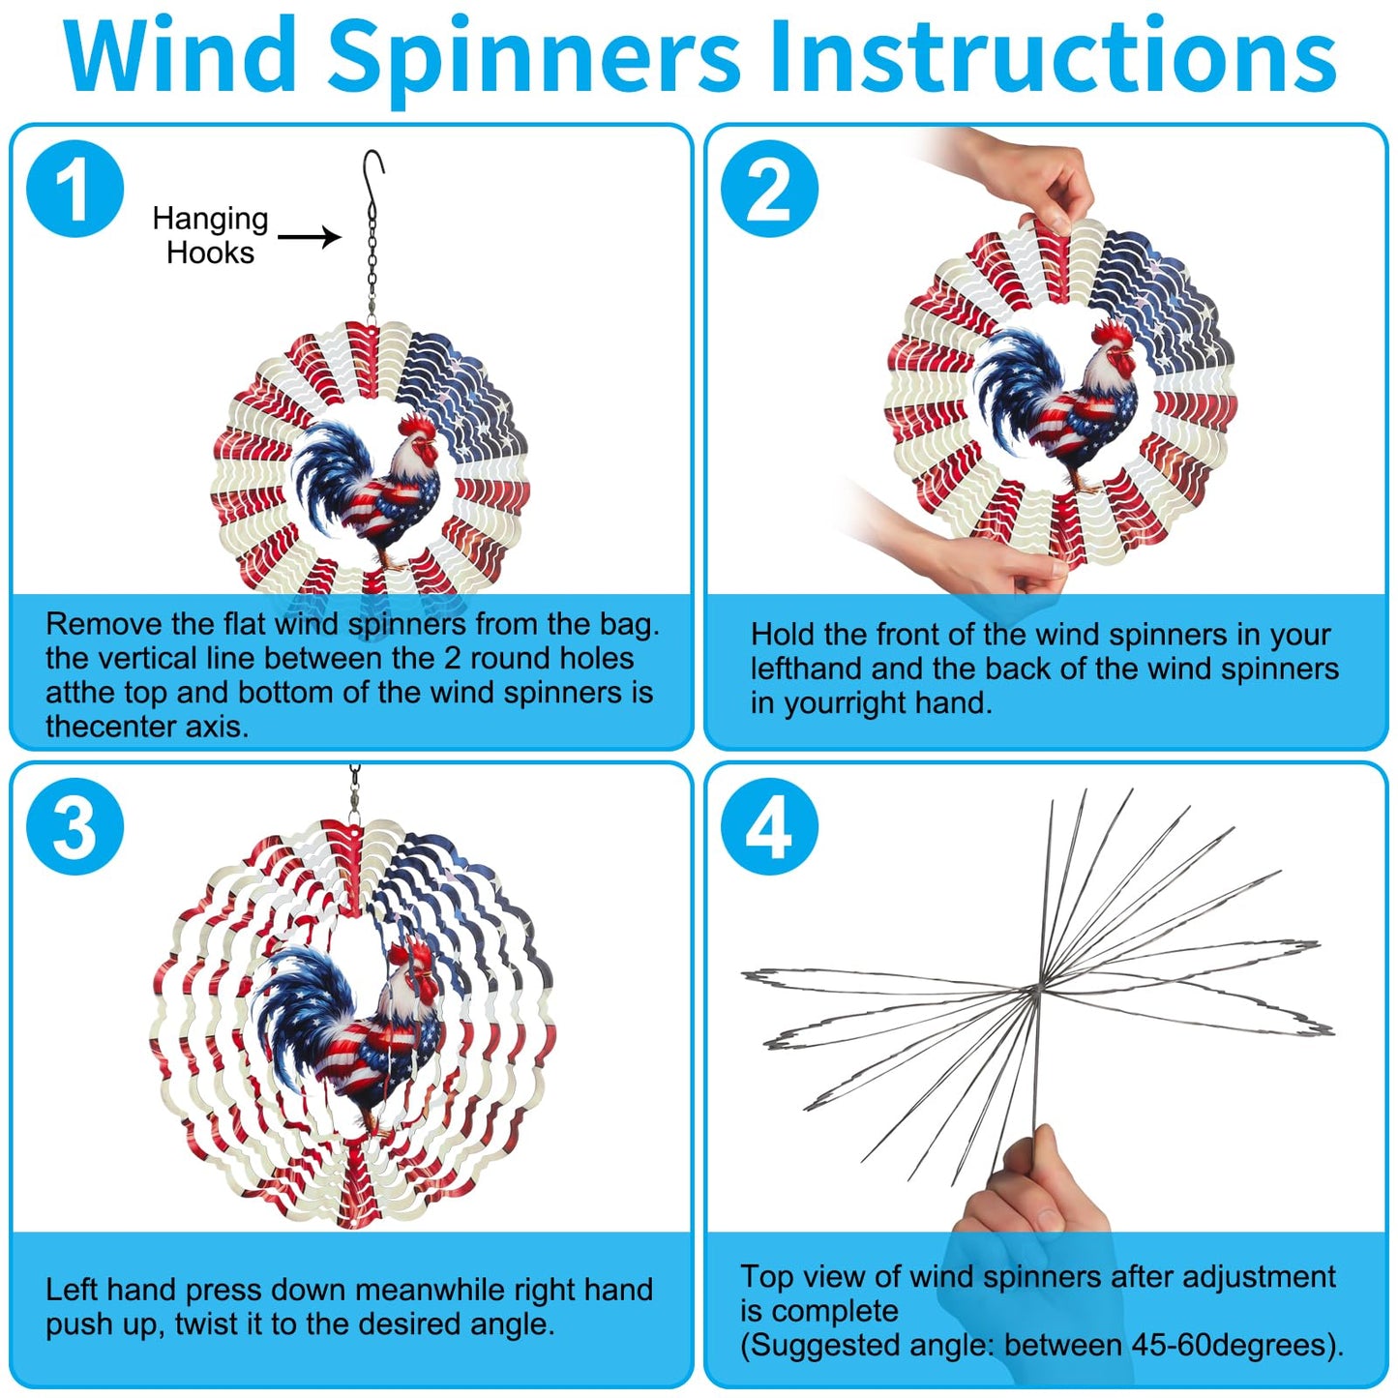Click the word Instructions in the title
1053,56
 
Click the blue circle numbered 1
75,189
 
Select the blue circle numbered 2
770,189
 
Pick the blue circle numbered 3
75,827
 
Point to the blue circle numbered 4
770,827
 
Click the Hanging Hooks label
210,235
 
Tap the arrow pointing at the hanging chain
310,236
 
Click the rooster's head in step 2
1113,353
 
